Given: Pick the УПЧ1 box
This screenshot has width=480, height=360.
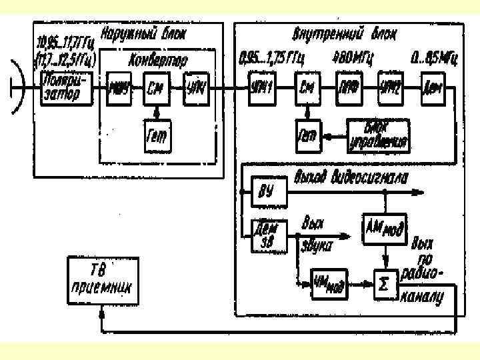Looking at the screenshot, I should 261,87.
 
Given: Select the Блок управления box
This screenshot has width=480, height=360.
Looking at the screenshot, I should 378,136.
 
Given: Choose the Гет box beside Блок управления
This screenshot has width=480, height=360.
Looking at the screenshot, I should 307,136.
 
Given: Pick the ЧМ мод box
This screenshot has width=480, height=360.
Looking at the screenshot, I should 329,283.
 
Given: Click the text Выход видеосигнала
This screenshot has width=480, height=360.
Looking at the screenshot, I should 351,177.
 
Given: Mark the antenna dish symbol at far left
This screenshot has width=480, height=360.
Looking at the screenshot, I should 18,87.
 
